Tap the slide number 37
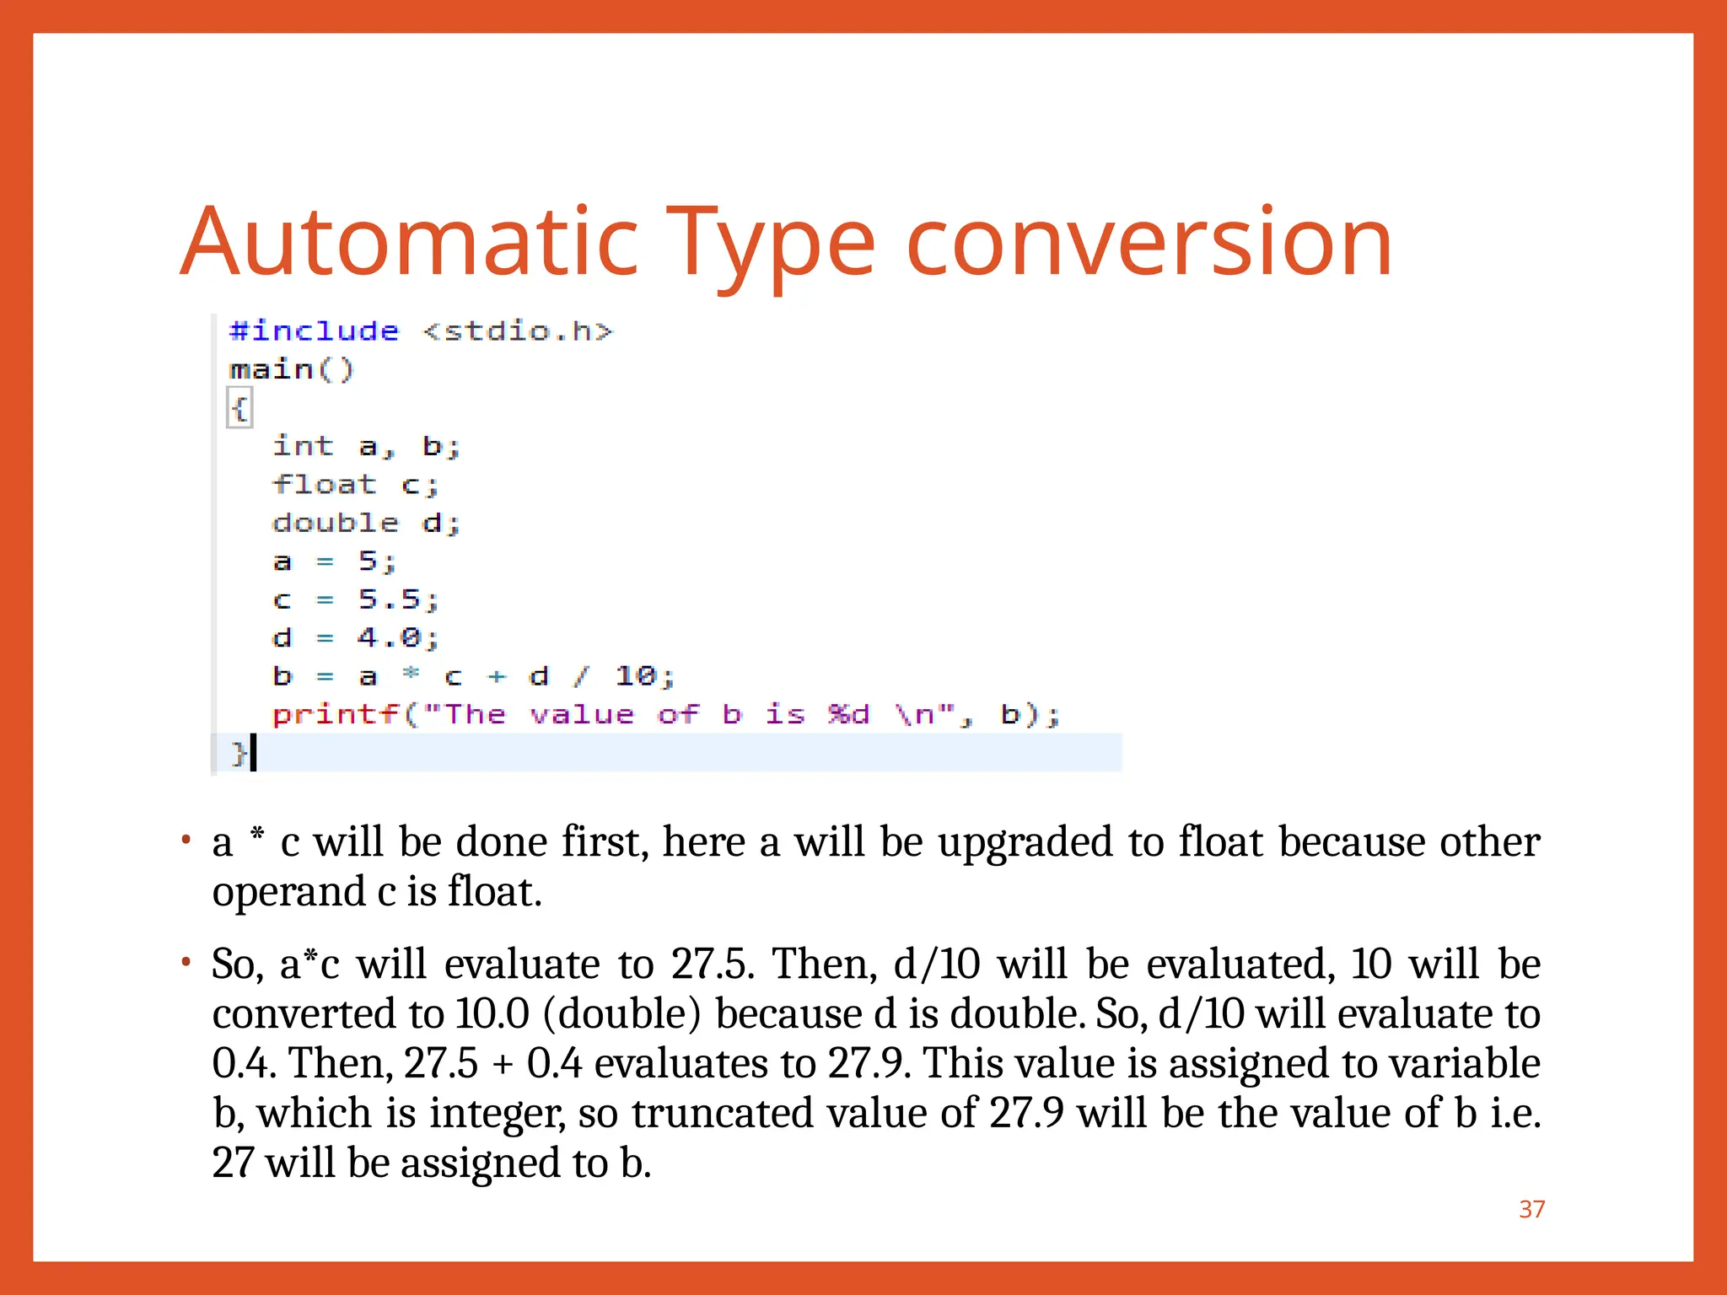pyautogui.click(x=1531, y=1209)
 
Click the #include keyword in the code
pyautogui.click(x=314, y=330)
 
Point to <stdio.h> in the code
pyautogui.click(x=517, y=330)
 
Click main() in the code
pyautogui.click(x=292, y=369)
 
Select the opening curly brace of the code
pyautogui.click(x=239, y=409)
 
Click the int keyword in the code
pyautogui.click(x=303, y=446)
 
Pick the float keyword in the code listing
pyautogui.click(x=324, y=485)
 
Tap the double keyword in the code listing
pyautogui.click(x=335, y=523)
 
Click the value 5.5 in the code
pyautogui.click(x=389, y=599)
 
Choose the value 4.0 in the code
pyautogui.click(x=389, y=638)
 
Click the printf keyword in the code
pyautogui.click(x=335, y=715)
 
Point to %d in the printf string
pyautogui.click(x=847, y=715)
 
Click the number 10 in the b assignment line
pyautogui.click(x=635, y=676)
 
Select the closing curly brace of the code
pyautogui.click(x=239, y=753)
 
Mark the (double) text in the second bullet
pyautogui.click(x=622, y=1013)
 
